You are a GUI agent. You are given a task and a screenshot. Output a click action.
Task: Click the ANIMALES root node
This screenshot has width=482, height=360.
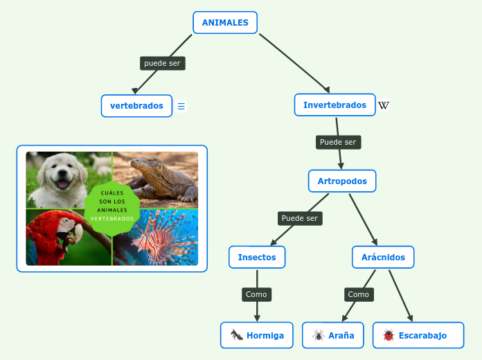(225, 23)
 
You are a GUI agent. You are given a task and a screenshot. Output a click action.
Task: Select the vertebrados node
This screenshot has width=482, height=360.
(136, 106)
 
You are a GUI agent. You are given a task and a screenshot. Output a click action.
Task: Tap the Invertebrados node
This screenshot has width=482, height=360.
(334, 105)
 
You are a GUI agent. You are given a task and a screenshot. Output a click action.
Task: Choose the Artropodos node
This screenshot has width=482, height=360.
(342, 181)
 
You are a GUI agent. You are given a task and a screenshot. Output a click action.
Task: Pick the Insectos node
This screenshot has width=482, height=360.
(257, 258)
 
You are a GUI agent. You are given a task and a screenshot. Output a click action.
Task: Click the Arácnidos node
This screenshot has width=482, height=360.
(383, 258)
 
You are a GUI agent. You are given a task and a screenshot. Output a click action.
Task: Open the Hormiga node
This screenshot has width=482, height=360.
(257, 335)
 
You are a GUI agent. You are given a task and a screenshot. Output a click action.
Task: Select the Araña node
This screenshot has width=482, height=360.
(333, 335)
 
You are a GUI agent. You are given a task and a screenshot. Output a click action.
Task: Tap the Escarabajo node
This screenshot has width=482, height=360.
(418, 335)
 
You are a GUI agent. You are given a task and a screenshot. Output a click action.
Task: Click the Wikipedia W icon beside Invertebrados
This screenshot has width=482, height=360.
(384, 105)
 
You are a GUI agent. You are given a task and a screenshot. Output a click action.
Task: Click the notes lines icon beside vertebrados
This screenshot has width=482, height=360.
(181, 106)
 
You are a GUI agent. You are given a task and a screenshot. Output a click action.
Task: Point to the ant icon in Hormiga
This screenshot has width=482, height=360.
(237, 335)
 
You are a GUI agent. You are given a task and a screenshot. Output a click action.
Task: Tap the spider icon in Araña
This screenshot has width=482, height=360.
(319, 335)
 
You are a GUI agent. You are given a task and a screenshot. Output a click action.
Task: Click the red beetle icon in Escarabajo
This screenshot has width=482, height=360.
(388, 335)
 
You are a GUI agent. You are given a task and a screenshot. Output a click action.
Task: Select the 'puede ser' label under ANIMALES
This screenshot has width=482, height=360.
(162, 63)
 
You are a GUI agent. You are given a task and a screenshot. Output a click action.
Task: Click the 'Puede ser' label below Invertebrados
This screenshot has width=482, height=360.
(338, 142)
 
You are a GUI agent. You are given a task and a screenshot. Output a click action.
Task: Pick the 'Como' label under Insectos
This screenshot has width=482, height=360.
(256, 294)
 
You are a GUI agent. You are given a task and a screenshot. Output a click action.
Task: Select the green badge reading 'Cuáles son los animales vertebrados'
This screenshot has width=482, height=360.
(112, 206)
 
